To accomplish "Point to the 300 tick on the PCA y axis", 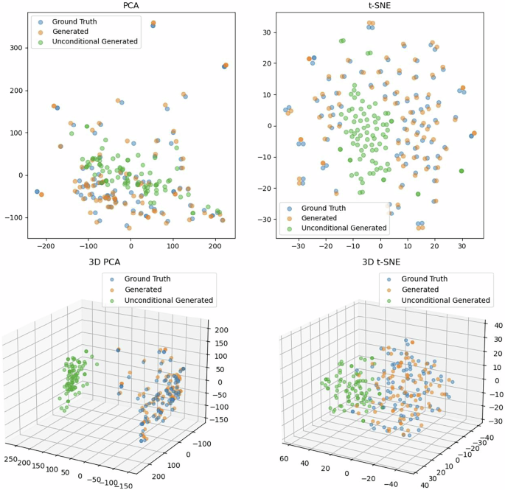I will tap(14, 48).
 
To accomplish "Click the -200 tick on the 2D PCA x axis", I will tap(46, 245).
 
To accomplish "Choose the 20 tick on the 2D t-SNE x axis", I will tap(435, 245).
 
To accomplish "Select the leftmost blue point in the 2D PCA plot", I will tap(37, 192).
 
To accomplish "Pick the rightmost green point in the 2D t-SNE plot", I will tap(462, 171).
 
